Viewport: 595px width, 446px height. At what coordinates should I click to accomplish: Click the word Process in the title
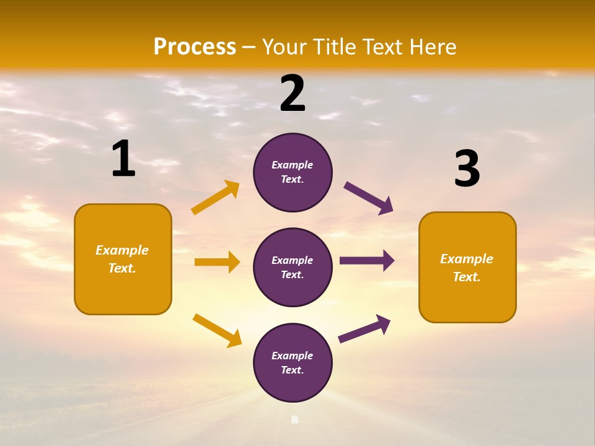point(195,46)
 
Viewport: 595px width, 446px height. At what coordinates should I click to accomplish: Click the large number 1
point(123,159)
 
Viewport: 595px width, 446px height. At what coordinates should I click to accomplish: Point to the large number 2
point(293,94)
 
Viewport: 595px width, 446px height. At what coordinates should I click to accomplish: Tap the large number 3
point(467,168)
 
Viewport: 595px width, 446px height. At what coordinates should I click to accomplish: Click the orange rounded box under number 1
point(123,259)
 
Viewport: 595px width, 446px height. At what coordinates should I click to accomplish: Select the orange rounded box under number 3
point(467,268)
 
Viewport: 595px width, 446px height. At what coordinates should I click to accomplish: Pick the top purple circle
point(293,172)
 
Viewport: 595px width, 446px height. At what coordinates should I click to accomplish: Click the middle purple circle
point(293,267)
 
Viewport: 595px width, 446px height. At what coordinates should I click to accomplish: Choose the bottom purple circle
point(293,362)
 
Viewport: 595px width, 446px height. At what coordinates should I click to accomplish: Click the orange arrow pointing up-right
point(216,198)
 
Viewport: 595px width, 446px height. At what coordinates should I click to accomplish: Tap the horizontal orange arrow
point(217,262)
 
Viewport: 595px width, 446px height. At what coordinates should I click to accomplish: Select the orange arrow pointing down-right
point(217,330)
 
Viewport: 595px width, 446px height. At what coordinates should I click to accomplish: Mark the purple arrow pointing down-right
point(368,198)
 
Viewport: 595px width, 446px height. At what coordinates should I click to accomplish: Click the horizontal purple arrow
point(367,261)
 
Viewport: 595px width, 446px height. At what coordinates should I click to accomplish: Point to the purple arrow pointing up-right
point(364,328)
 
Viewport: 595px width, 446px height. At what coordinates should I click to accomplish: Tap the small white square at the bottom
point(295,419)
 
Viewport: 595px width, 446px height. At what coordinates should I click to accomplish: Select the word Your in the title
point(284,46)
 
